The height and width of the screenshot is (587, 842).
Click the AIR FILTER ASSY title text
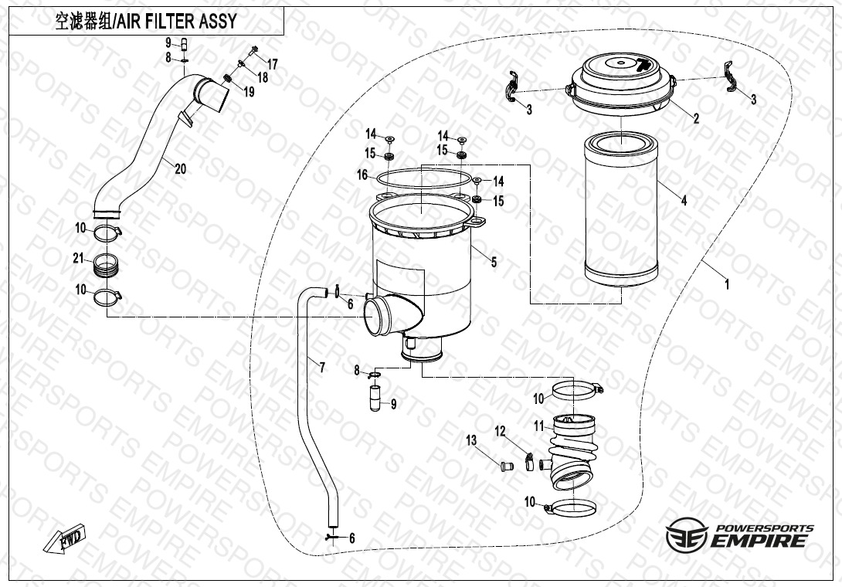tap(145, 21)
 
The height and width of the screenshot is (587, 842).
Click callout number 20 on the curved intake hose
tap(180, 169)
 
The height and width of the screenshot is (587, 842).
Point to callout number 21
tap(78, 260)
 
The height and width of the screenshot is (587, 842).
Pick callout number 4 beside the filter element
tap(684, 201)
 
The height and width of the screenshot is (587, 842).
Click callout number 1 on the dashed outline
tap(726, 283)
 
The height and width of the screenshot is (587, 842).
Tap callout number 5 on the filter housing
tap(494, 263)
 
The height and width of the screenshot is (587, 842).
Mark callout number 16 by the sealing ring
tap(362, 175)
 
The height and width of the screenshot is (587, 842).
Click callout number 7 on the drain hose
tap(322, 367)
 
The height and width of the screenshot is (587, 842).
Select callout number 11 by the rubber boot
tap(539, 426)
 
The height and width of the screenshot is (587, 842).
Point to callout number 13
tap(470, 440)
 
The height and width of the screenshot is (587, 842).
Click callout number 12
tap(500, 430)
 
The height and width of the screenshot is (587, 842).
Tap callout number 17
tap(272, 63)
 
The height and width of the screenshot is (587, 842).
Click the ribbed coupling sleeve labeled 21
tap(107, 266)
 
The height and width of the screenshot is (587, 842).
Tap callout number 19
tap(249, 93)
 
